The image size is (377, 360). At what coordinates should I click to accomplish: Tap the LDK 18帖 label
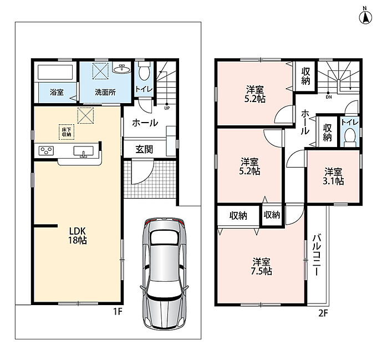tap(78, 236)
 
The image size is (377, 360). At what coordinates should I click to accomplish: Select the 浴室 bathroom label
tap(57, 92)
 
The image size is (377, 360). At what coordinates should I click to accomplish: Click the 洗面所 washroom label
tap(105, 92)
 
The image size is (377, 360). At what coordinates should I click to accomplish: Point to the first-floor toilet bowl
tap(144, 72)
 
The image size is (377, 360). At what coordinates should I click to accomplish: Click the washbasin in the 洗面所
tap(121, 69)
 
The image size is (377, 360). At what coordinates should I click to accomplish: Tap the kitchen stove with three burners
tap(46, 151)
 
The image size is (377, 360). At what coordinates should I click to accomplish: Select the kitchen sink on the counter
tap(83, 151)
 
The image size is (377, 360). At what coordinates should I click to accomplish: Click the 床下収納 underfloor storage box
tap(67, 132)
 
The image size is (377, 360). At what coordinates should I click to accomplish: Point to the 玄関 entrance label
tap(144, 149)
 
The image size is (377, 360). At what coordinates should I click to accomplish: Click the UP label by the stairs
tap(167, 108)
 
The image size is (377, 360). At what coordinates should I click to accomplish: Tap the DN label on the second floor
tap(329, 97)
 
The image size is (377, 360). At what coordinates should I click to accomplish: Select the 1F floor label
tap(118, 312)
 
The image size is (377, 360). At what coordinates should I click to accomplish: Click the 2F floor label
tap(323, 313)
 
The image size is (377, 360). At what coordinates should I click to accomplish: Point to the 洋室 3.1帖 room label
tap(333, 176)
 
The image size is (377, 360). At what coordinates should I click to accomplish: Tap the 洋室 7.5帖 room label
tap(261, 266)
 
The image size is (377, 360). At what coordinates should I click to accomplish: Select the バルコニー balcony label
tap(317, 255)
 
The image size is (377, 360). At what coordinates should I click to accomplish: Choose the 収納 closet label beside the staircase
tap(305, 76)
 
